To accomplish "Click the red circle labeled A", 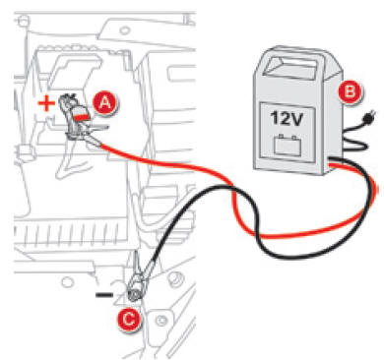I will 106,101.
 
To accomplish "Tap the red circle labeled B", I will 347,92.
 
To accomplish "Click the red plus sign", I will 43,102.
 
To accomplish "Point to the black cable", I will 197,221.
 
